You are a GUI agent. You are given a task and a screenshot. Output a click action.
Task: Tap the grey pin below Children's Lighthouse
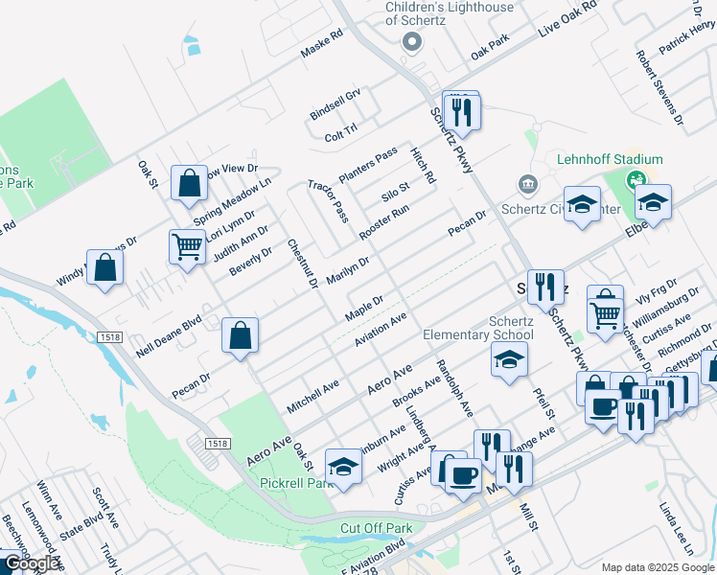pos(413,41)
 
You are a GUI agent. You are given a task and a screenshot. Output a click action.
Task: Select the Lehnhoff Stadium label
pos(610,159)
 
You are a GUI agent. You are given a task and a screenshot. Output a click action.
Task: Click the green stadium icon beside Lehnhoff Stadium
pos(636,179)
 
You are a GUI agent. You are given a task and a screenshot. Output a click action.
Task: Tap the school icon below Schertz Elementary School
pos(509,360)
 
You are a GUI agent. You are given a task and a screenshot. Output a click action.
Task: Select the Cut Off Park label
pos(376,528)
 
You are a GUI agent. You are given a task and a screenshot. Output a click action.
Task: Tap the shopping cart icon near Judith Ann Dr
pos(187,247)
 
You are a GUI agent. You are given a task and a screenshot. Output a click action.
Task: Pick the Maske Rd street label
pos(321,45)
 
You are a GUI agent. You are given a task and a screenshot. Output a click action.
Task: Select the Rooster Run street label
pos(384,221)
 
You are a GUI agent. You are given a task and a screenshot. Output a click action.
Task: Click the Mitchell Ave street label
pos(312,397)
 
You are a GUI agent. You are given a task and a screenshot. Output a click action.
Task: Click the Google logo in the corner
pos(31,563)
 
